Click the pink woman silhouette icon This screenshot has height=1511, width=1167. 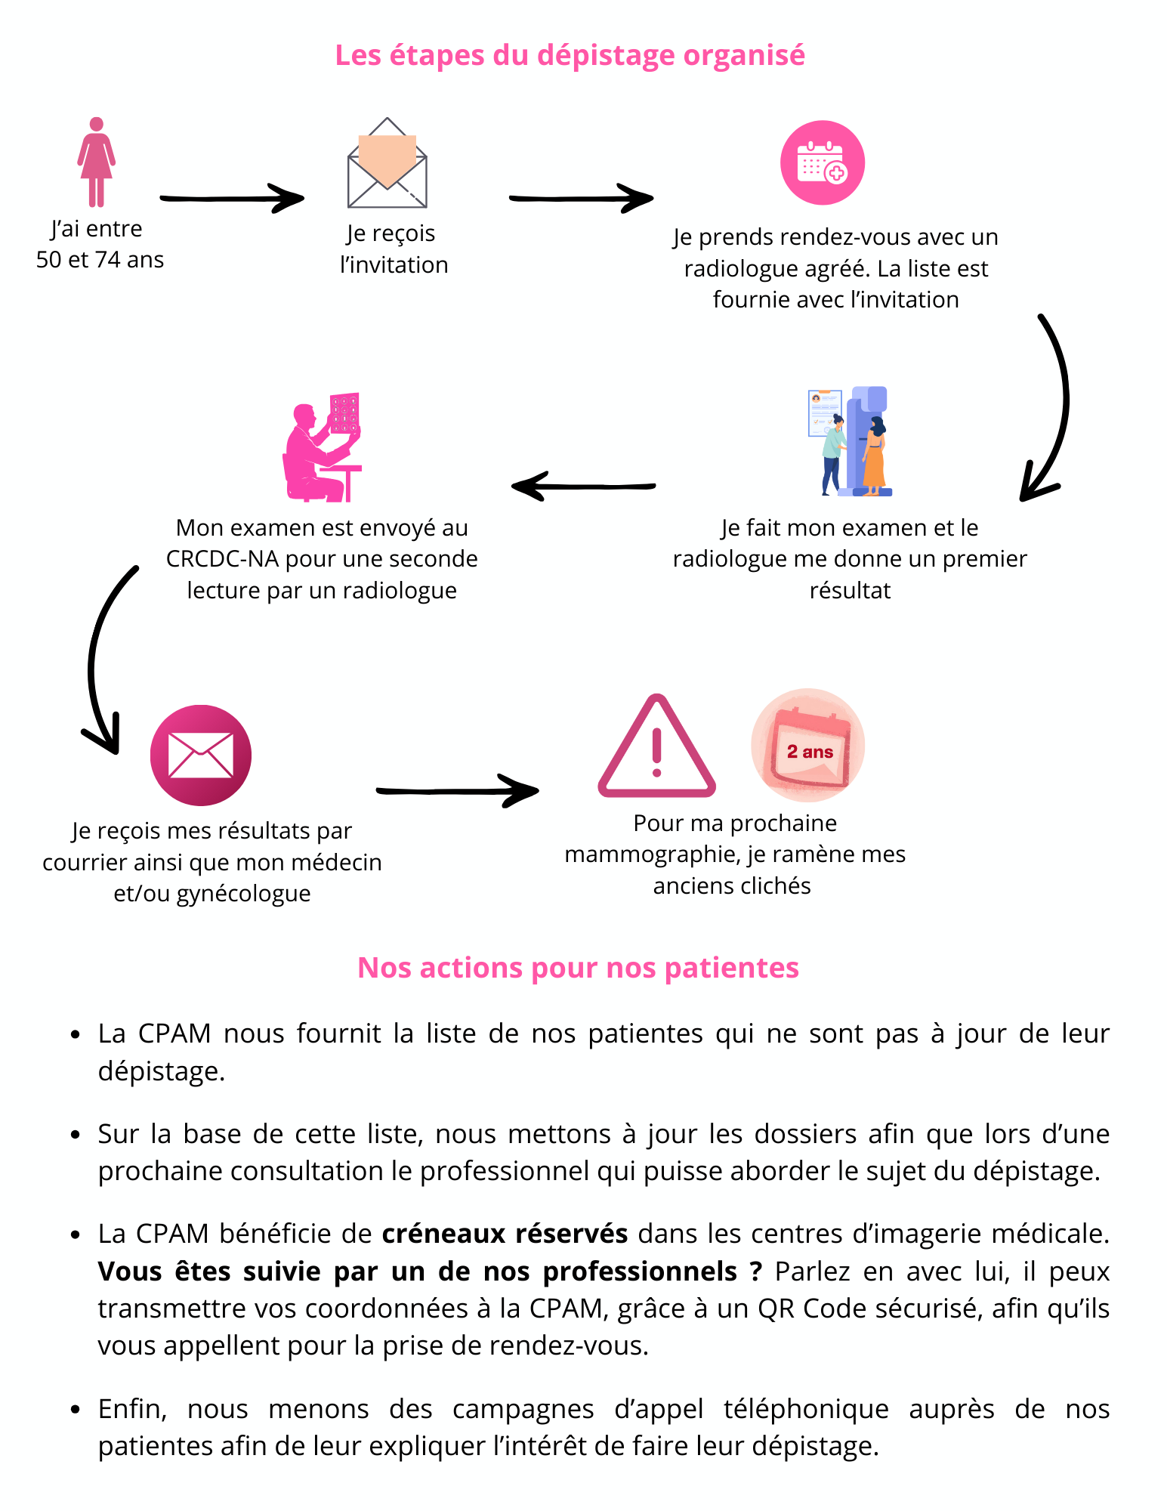click(96, 162)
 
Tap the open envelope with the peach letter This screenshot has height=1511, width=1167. click(387, 164)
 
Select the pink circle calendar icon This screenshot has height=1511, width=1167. click(822, 162)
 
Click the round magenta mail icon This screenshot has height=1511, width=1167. click(200, 755)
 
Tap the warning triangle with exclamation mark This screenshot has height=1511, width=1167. click(656, 749)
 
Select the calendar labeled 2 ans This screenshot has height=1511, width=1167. click(807, 746)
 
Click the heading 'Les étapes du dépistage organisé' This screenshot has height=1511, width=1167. click(570, 55)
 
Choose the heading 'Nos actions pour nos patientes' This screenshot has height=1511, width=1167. click(578, 968)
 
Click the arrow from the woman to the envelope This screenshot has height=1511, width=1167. click(231, 199)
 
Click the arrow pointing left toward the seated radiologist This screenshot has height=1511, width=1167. click(582, 487)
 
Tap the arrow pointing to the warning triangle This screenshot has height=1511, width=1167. click(457, 791)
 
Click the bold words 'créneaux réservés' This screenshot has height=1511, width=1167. click(505, 1234)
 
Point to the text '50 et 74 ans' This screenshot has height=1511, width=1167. click(100, 260)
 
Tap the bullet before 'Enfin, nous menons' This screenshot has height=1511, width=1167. click(75, 1410)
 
